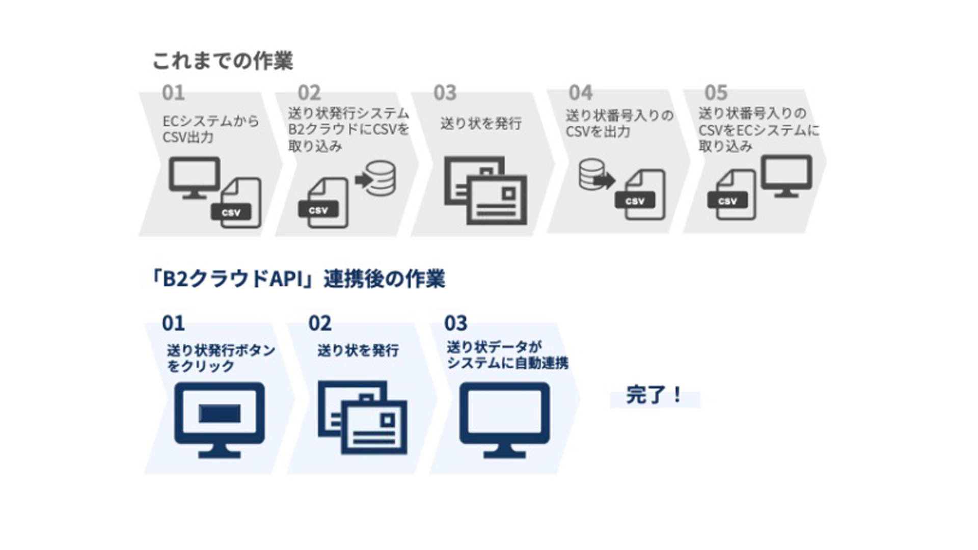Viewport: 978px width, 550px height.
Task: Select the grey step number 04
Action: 581,93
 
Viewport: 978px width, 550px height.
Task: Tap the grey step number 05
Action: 716,93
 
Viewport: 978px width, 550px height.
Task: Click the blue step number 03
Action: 455,323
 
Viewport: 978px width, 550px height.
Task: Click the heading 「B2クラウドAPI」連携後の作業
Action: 298,279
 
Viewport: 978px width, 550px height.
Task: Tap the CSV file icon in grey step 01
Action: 238,204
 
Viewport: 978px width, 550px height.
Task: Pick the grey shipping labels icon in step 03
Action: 486,190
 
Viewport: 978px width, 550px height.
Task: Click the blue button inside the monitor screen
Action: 220,414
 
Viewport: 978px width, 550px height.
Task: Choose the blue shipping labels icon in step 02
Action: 363,417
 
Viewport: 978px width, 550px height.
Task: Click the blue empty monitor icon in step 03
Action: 504,420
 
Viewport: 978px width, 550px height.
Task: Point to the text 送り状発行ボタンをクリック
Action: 221,358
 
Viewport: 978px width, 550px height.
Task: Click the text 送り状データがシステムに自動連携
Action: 507,355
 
